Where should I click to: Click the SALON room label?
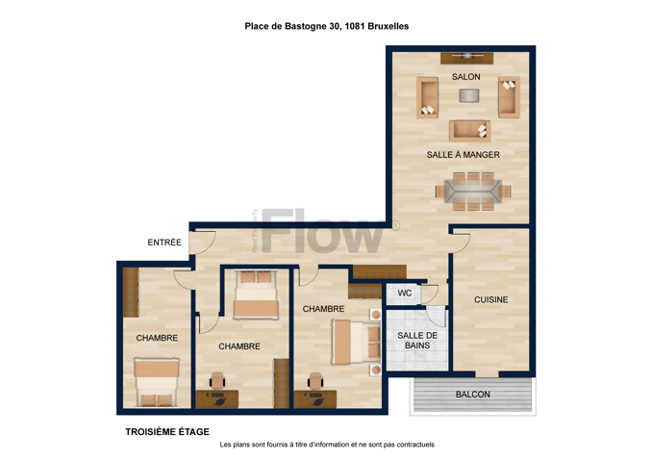click(466, 77)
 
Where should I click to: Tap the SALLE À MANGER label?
click(464, 154)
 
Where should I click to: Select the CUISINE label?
click(491, 299)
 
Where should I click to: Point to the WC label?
click(405, 293)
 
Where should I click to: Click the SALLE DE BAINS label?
click(417, 341)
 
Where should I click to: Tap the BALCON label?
click(473, 395)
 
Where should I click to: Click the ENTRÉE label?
click(164, 243)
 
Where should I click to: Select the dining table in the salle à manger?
click(473, 192)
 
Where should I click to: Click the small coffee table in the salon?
click(469, 95)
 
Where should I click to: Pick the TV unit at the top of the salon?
click(467, 59)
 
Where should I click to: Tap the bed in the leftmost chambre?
click(157, 382)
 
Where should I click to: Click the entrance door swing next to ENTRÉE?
click(203, 244)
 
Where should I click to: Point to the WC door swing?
click(430, 295)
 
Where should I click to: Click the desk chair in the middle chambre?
click(217, 381)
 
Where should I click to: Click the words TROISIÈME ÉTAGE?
click(167, 432)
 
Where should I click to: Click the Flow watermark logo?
click(322, 231)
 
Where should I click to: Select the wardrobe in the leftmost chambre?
click(131, 293)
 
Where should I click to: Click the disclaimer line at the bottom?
click(327, 445)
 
